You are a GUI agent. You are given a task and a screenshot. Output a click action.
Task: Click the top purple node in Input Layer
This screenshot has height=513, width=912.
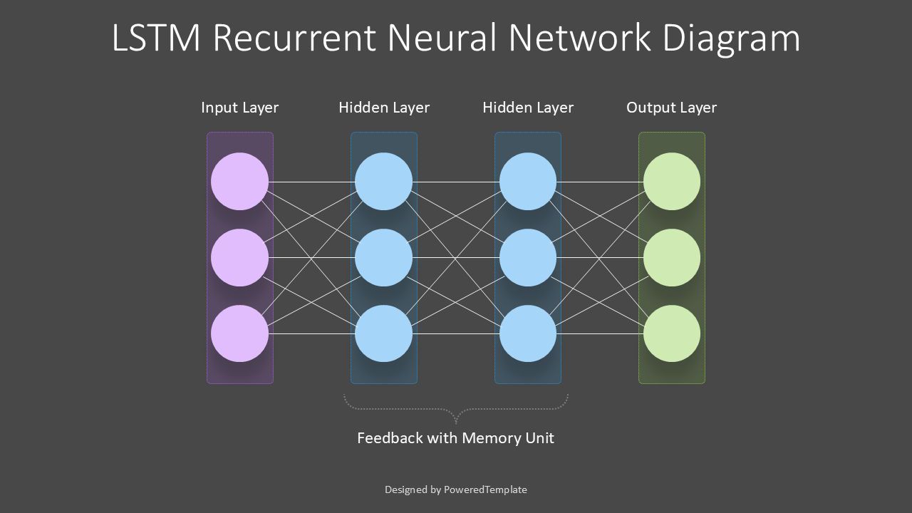click(240, 182)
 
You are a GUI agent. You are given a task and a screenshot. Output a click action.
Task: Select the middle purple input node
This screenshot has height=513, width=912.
click(240, 257)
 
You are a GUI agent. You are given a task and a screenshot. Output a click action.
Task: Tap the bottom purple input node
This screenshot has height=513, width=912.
click(240, 333)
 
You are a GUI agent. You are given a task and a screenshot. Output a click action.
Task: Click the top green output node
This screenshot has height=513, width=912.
click(672, 182)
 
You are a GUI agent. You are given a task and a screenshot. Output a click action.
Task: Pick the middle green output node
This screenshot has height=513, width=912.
click(672, 257)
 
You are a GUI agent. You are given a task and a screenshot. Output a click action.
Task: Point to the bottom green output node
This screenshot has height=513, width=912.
click(672, 333)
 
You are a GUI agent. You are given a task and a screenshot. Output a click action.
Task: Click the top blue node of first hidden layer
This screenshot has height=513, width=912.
click(384, 182)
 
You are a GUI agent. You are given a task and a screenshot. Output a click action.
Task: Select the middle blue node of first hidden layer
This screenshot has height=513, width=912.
click(384, 257)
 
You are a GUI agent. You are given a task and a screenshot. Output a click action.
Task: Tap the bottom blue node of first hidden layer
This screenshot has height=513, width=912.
click(384, 333)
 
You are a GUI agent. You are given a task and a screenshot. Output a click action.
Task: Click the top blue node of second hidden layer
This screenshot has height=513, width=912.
click(528, 182)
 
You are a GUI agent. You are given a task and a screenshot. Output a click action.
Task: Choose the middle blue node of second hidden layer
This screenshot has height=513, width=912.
click(528, 257)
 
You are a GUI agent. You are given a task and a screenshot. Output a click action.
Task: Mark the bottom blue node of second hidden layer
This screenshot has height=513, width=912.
click(528, 333)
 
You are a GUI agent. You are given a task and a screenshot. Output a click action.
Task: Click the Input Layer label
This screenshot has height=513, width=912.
click(239, 108)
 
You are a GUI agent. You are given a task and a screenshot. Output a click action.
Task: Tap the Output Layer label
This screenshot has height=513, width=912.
click(671, 108)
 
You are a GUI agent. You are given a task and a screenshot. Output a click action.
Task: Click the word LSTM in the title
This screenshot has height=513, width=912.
click(157, 38)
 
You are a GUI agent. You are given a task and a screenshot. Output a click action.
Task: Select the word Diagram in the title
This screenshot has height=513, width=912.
click(731, 38)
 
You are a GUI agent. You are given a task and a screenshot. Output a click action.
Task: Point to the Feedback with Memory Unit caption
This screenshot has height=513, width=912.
click(455, 438)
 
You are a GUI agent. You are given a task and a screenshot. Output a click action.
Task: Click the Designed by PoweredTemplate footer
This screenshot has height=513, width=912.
click(456, 489)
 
